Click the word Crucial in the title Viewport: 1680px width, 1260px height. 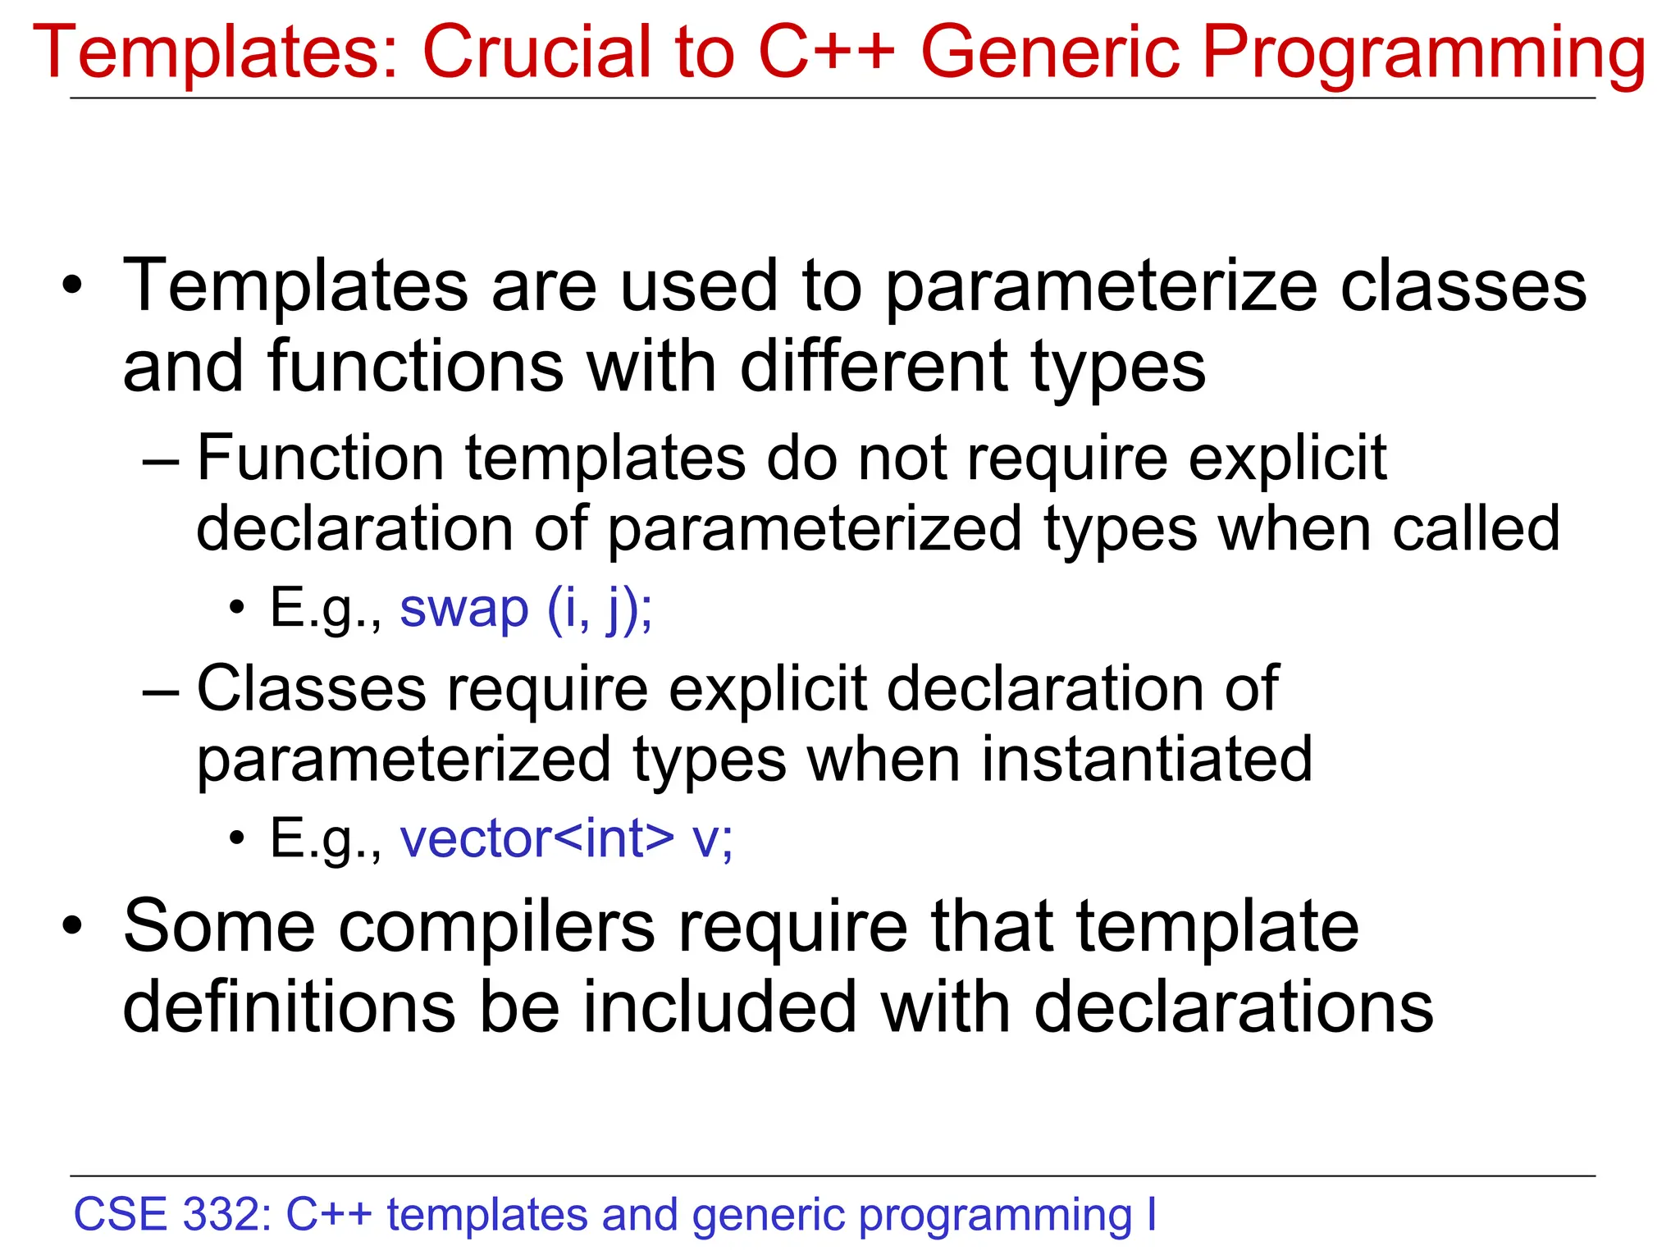pos(536,52)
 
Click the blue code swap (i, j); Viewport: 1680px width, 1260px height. pos(526,609)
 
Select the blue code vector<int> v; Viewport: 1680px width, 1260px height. pos(566,839)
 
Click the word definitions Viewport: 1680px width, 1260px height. pos(289,1007)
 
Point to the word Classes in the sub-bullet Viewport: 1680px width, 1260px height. pos(312,688)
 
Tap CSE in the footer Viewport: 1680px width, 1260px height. pos(120,1215)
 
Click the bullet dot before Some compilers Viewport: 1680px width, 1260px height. pos(73,926)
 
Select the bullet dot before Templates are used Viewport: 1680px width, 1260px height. pos(73,286)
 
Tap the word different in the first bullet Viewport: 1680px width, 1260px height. pos(874,367)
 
